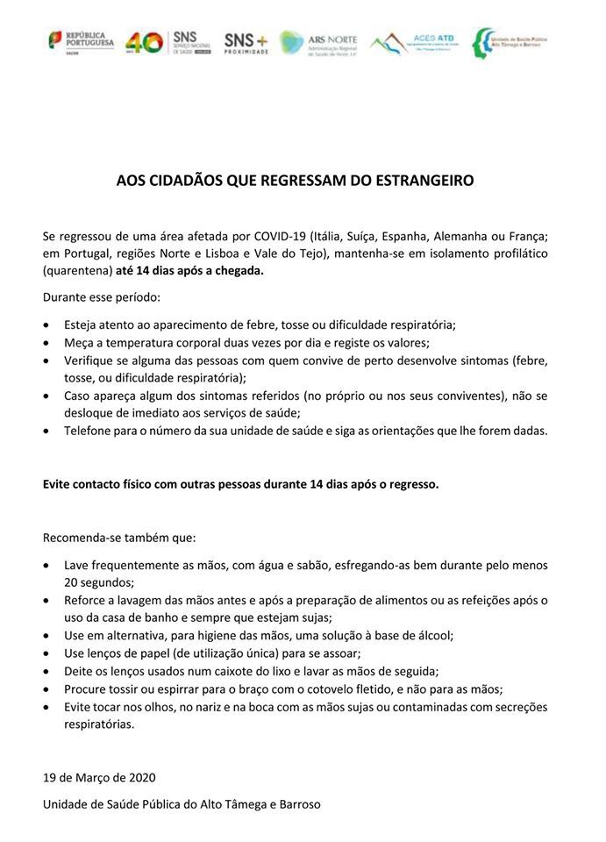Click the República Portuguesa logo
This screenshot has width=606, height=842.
click(81, 41)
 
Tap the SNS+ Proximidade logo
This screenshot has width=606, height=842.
click(246, 41)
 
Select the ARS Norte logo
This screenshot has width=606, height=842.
click(319, 41)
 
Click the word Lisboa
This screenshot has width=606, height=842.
click(262, 253)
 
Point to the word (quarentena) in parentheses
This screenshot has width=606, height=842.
click(77, 271)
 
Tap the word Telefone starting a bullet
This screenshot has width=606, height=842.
click(89, 431)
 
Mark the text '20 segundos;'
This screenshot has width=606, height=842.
click(98, 582)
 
